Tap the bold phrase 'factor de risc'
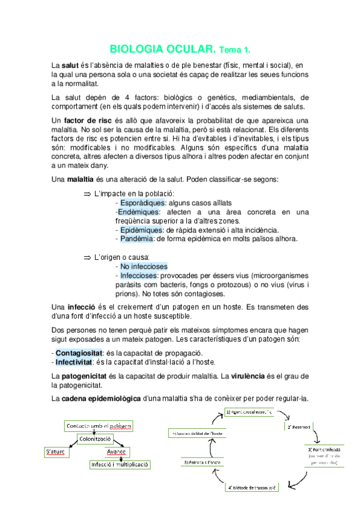[90, 121]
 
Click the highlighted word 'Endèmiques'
[138, 212]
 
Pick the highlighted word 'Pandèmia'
[136, 239]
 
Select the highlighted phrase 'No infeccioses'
[144, 266]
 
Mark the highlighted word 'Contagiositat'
[78, 352]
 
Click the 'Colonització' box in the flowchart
[96, 439]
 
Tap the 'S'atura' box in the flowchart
[58, 452]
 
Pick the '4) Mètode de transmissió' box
[251, 488]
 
